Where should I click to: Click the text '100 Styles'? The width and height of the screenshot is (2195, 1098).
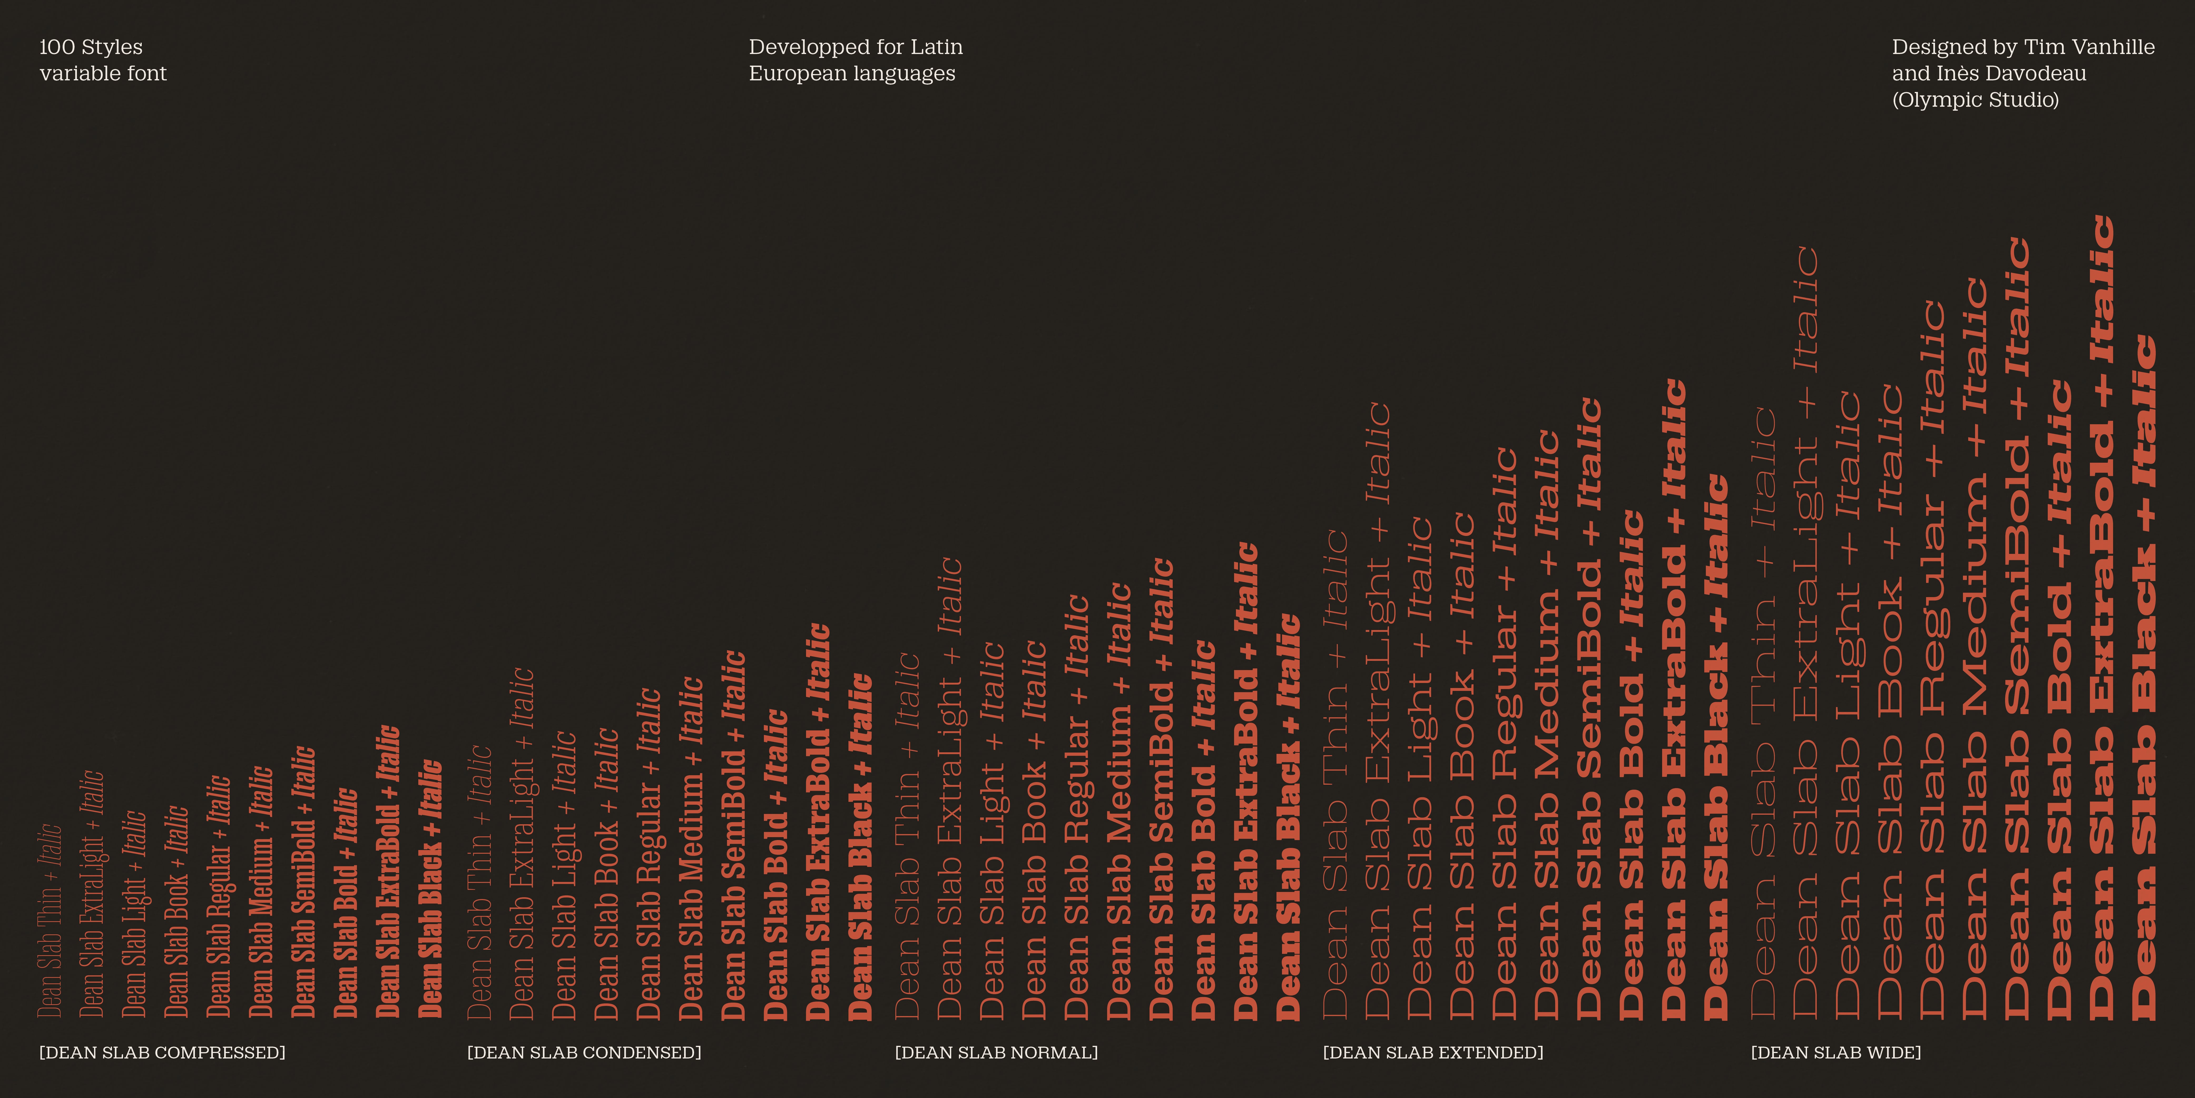point(91,47)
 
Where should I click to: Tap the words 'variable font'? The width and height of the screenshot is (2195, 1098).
point(103,73)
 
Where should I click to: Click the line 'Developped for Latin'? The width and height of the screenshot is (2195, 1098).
point(856,47)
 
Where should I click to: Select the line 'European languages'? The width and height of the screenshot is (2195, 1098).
point(852,73)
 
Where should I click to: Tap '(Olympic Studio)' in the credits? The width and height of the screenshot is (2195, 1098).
point(1975,100)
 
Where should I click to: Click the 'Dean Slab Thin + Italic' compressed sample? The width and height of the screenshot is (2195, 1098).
point(50,921)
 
